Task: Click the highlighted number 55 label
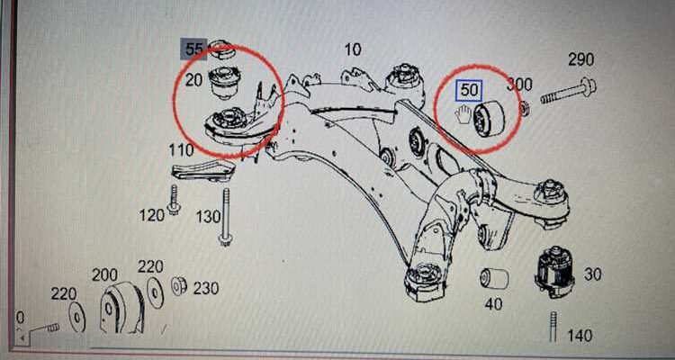tap(194, 49)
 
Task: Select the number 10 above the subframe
tap(352, 49)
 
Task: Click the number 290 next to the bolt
tap(580, 60)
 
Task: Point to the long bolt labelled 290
tap(562, 90)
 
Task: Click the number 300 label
tap(519, 85)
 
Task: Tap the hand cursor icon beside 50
tap(464, 114)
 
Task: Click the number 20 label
tap(193, 80)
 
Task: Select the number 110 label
tap(182, 149)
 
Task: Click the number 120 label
tap(153, 214)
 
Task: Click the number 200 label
tap(104, 274)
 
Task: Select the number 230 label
tap(206, 288)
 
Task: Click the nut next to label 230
tap(178, 286)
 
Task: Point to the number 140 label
tap(580, 336)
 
